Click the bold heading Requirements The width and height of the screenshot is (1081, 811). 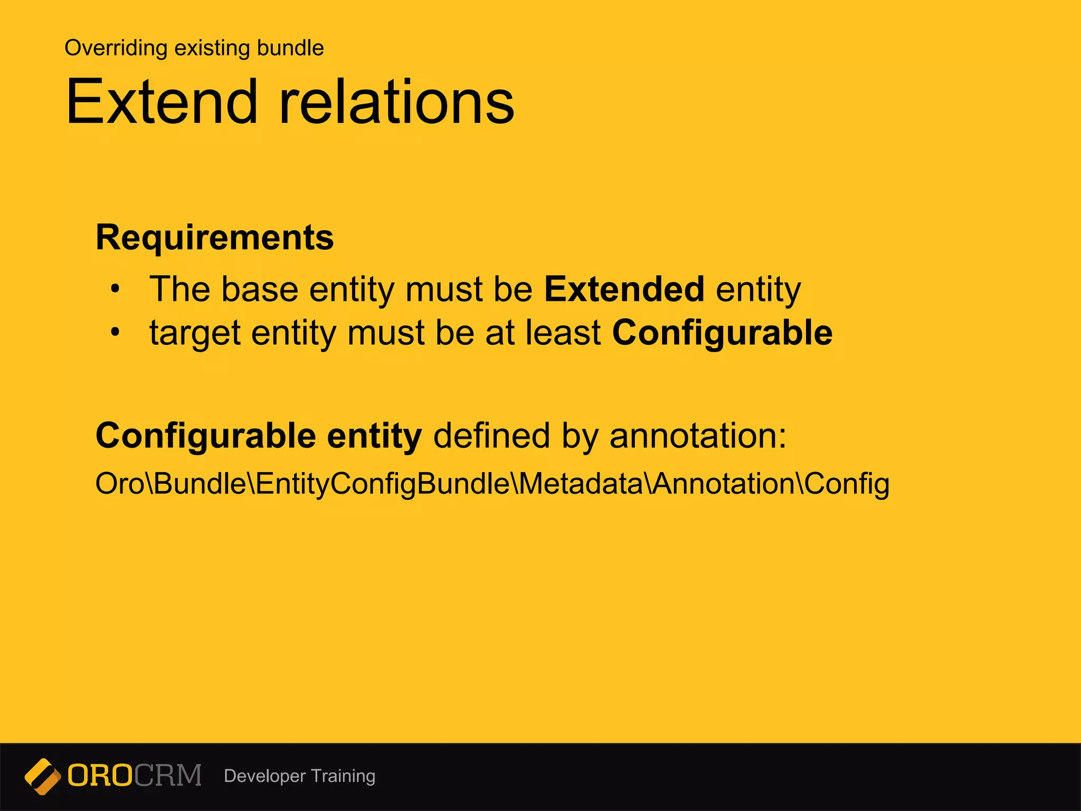pos(215,237)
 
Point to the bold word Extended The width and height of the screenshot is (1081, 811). pos(624,289)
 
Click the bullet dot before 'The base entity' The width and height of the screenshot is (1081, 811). pos(115,289)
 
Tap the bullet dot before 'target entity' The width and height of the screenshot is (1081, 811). pos(115,333)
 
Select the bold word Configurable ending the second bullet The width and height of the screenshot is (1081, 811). pos(722,333)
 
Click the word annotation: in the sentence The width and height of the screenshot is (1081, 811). pos(698,436)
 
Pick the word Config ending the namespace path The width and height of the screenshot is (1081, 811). pos(847,484)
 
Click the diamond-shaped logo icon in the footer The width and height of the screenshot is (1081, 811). pos(43,776)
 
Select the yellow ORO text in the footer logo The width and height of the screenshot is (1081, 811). pos(100,776)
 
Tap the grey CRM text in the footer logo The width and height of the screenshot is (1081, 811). pos(168,776)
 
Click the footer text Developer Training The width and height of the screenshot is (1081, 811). pos(299,776)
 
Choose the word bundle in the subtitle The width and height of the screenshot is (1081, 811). pos(290,48)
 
